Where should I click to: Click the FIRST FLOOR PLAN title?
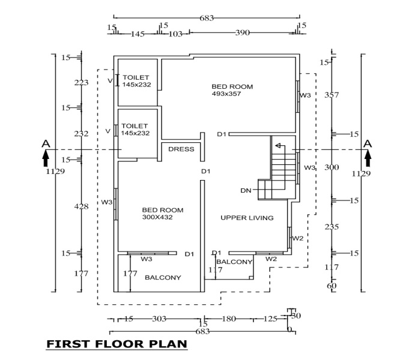[117, 344]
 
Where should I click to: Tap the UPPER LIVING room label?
[247, 218]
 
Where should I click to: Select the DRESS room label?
[181, 149]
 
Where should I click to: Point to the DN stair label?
[246, 190]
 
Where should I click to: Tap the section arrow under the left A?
[46, 158]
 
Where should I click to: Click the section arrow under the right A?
[368, 158]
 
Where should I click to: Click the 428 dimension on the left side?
[81, 206]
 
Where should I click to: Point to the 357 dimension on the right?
[332, 95]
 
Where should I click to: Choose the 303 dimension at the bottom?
[159, 319]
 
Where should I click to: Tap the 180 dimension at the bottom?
[229, 319]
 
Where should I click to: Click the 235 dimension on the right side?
[332, 227]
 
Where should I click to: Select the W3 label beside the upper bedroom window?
[305, 95]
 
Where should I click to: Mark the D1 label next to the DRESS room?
[205, 172]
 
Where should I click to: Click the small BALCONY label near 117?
[234, 262]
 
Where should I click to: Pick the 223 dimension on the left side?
[81, 83]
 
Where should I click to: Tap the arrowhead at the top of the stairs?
[277, 145]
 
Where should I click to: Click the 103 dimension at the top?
[175, 34]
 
